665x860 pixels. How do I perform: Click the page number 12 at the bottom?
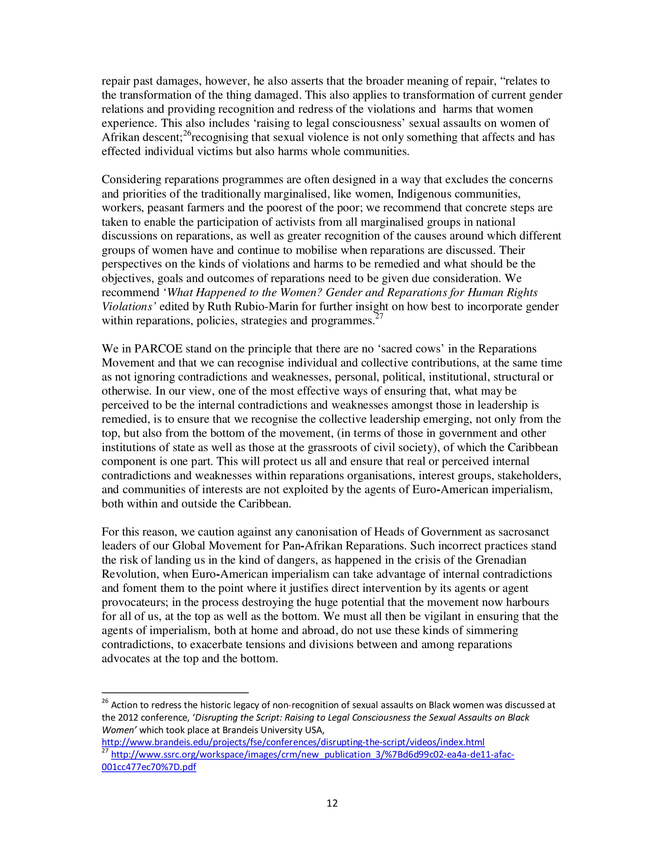click(332, 803)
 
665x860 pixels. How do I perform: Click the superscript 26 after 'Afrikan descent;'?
click(187, 133)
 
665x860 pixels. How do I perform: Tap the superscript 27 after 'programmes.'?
click(379, 317)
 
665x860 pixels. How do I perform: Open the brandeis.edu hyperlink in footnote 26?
click(293, 742)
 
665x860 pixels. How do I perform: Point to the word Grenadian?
click(501, 560)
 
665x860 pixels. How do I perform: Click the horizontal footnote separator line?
click(175, 692)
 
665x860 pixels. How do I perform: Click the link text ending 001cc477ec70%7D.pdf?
click(149, 767)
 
